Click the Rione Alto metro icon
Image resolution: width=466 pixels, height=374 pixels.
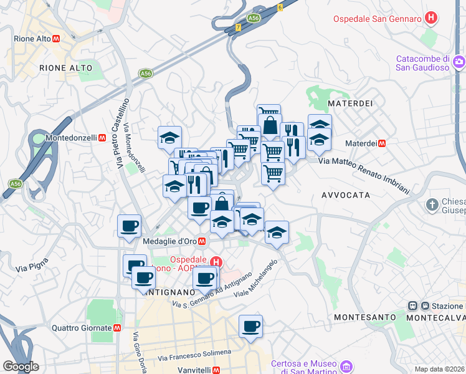click(x=57, y=39)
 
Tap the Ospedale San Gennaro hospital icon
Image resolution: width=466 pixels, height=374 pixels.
click(x=430, y=19)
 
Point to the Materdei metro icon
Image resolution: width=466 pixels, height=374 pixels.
click(x=382, y=143)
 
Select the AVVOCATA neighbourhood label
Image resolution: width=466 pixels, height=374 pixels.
click(x=346, y=195)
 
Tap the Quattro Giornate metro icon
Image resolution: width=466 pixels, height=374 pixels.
click(x=117, y=328)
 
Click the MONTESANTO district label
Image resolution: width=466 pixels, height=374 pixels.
click(x=364, y=317)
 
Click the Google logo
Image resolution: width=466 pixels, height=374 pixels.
click(x=21, y=367)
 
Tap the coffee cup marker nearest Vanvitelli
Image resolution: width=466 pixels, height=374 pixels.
click(x=250, y=326)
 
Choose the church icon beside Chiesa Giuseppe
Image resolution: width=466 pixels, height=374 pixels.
click(x=432, y=204)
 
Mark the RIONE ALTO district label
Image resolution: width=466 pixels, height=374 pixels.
click(x=65, y=68)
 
